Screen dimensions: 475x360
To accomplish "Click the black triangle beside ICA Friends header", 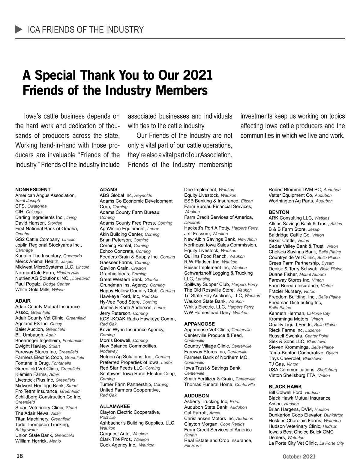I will (19, 29).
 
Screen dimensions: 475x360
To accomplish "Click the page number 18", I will (19, 456).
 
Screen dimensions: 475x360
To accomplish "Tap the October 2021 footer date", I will (298, 456).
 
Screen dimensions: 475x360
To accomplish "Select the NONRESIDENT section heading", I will (33, 189).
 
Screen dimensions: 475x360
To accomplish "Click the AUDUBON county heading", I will (196, 396).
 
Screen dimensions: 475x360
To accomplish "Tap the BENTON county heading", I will (279, 212).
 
